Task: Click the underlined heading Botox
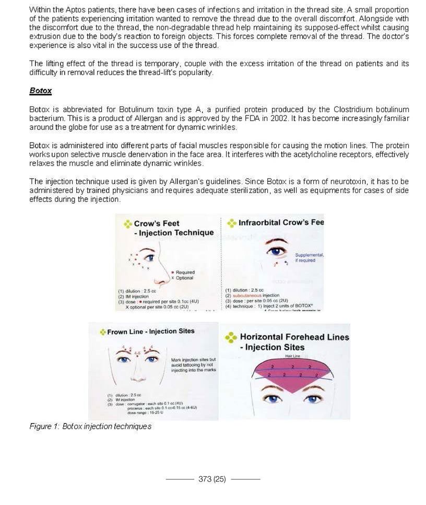(x=40, y=90)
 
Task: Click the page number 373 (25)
(x=212, y=479)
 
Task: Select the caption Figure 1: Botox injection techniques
(x=90, y=426)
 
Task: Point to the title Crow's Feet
(x=157, y=224)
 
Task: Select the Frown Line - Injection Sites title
(x=150, y=331)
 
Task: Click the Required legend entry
(x=184, y=272)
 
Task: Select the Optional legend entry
(x=184, y=278)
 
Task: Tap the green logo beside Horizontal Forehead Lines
(x=231, y=338)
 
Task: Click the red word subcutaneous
(x=249, y=296)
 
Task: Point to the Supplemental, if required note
(x=309, y=257)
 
